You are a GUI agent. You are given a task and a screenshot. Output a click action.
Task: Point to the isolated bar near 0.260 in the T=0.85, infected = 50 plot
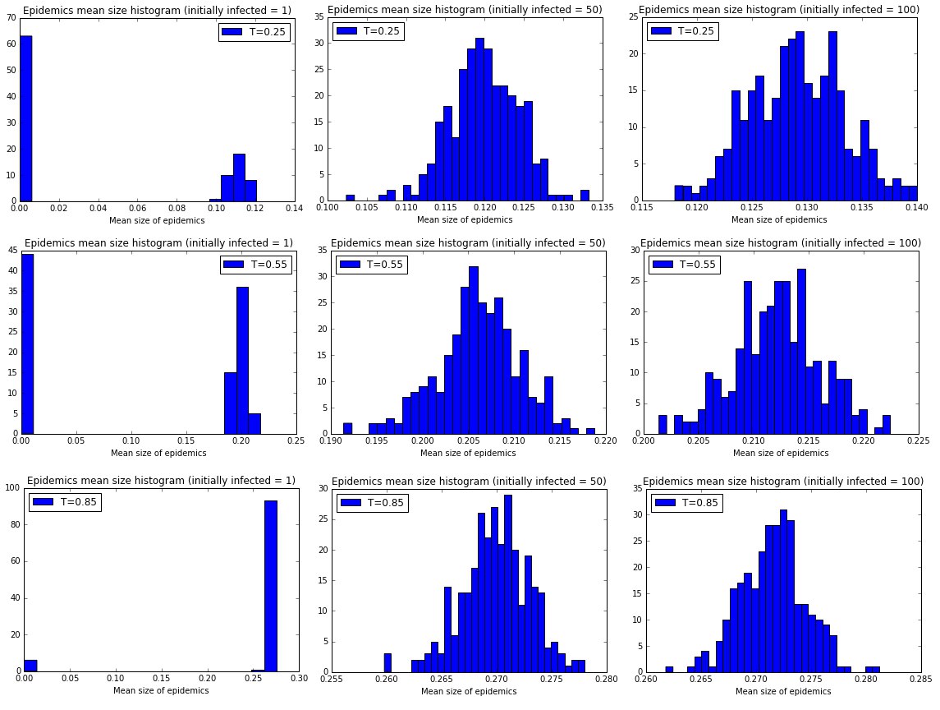[387, 662]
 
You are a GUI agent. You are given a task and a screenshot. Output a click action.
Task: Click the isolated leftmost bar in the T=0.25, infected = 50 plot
[350, 197]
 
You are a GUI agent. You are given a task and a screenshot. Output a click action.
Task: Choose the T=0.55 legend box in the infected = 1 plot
[255, 265]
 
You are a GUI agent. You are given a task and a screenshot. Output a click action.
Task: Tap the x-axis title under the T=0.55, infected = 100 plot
[769, 454]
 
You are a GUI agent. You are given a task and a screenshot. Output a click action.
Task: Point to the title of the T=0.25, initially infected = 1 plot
[157, 11]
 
